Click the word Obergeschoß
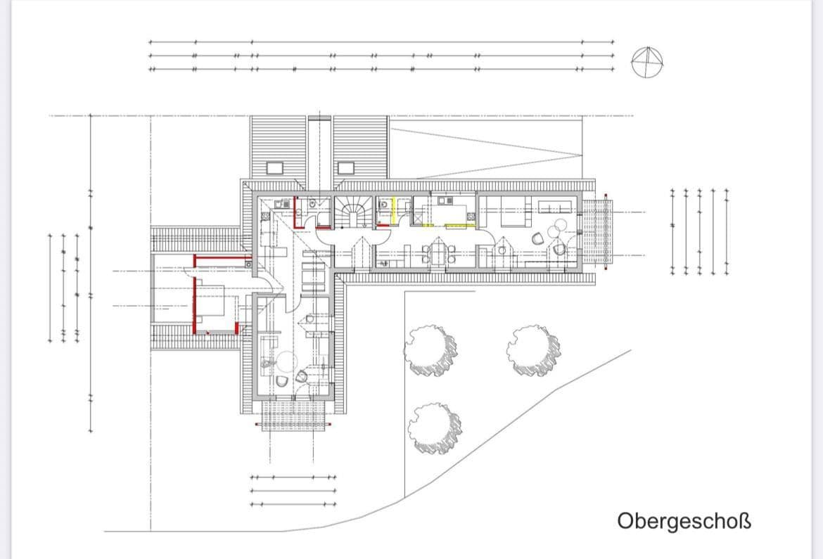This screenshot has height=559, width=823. pyautogui.click(x=684, y=521)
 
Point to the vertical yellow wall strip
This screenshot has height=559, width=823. pyautogui.click(x=396, y=209)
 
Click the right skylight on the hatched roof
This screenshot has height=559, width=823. pyautogui.click(x=346, y=168)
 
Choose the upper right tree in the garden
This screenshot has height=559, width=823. pyautogui.click(x=534, y=349)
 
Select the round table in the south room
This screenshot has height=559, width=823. pyautogui.click(x=285, y=361)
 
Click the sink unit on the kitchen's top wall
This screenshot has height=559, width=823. pyautogui.click(x=445, y=199)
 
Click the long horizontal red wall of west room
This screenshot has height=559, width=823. pyautogui.click(x=219, y=260)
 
